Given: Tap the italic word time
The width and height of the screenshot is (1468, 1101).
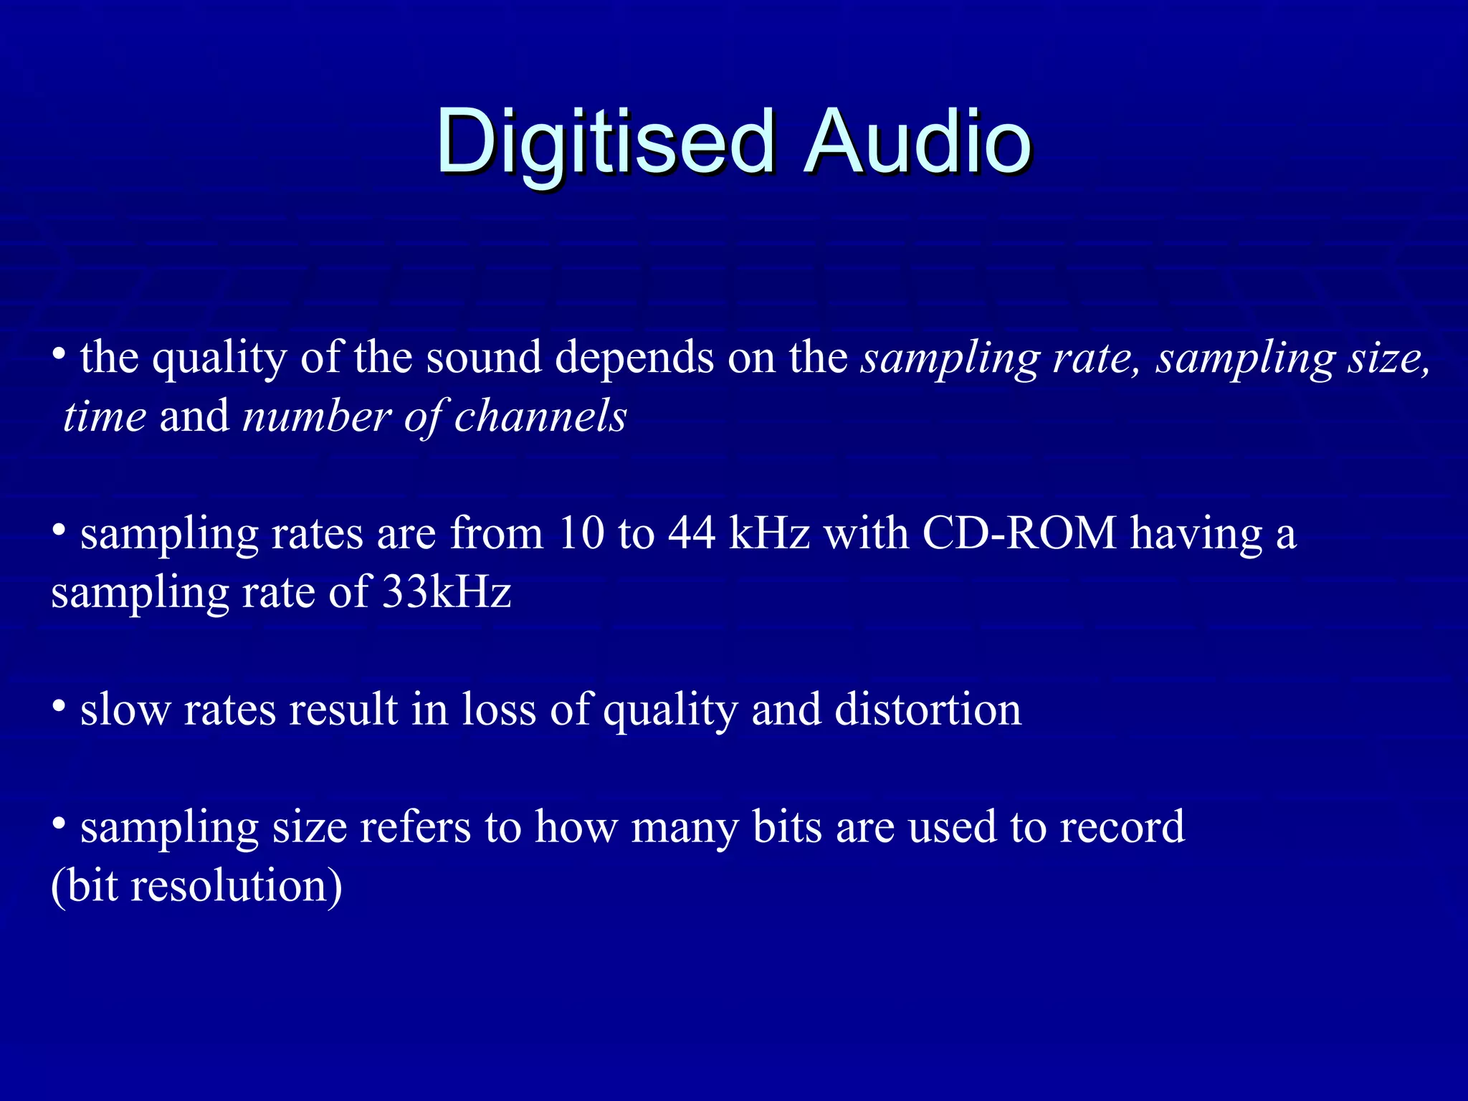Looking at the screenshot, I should coord(105,416).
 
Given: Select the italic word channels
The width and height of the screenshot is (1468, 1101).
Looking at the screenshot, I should coord(540,416).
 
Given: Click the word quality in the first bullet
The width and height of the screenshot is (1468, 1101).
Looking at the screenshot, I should coord(219,358).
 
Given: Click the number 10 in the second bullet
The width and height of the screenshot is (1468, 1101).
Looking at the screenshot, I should coord(581,534).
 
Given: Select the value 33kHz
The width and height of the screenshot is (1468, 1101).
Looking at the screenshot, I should coord(447,593).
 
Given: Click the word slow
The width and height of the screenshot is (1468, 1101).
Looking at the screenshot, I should coord(125,710).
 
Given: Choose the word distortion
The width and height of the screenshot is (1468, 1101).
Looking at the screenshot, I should coord(928,710).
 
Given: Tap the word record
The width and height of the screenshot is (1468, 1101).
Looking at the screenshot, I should coord(1122,827).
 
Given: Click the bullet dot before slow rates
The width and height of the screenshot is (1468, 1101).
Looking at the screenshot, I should coord(59,707).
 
